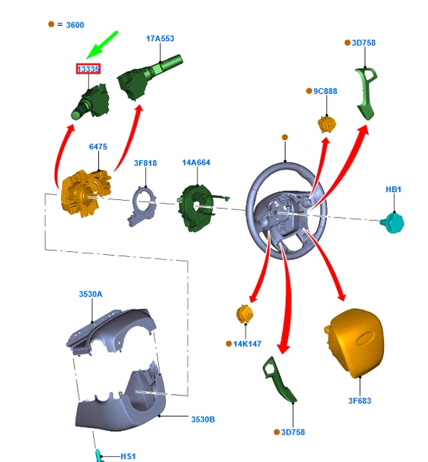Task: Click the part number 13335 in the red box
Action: click(88, 69)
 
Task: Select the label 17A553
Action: click(160, 38)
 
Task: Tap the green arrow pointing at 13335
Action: click(102, 45)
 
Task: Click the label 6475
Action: click(98, 147)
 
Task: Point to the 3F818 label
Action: click(146, 163)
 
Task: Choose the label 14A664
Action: click(196, 162)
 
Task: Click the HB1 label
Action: click(393, 189)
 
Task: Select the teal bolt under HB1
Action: click(392, 223)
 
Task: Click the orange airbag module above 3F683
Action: click(354, 342)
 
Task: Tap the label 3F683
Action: click(359, 401)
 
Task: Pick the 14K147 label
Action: click(247, 344)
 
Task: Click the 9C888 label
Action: click(326, 92)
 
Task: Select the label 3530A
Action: click(91, 294)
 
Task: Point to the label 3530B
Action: click(203, 419)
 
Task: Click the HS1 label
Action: click(128, 456)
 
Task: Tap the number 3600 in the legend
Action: click(75, 25)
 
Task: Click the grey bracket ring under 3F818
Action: click(141, 206)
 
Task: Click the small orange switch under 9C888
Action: click(326, 124)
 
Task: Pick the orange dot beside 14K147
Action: click(229, 344)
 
